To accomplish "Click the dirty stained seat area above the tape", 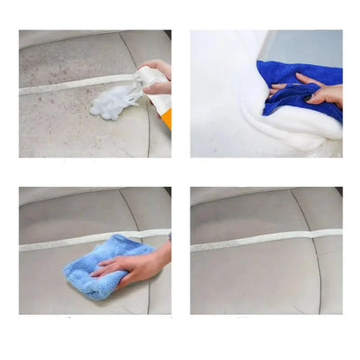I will [69, 61].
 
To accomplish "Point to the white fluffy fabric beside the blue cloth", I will [225, 95].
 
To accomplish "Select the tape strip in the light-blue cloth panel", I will [52, 244].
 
